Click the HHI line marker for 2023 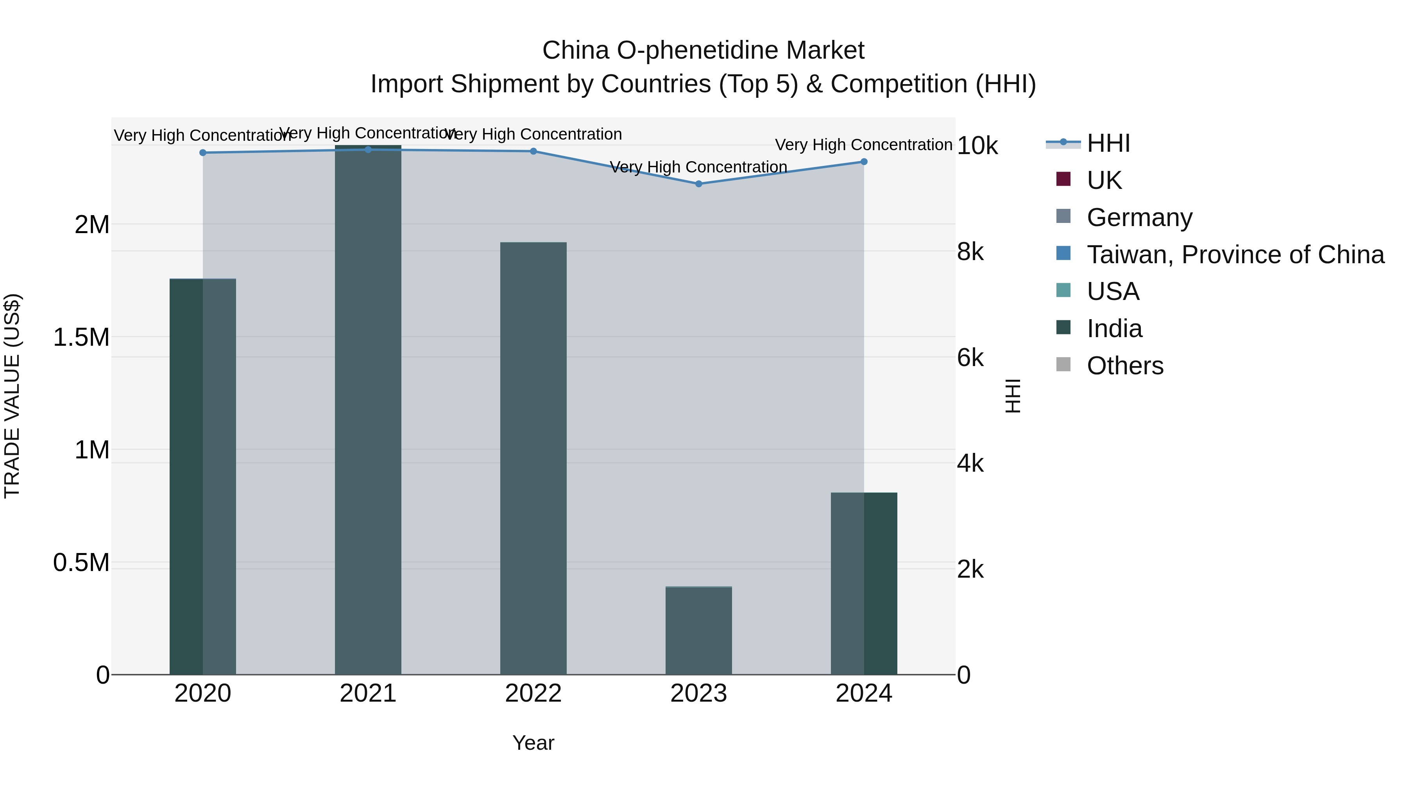[698, 184]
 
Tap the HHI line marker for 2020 [202, 153]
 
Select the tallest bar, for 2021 [368, 410]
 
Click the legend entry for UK [1104, 180]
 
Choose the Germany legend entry [1139, 217]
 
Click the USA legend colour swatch [1063, 290]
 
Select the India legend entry [1114, 329]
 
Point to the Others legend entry [1125, 366]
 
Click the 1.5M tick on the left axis [81, 337]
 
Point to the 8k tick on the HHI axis [970, 252]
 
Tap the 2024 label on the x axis [863, 693]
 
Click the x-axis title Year [533, 743]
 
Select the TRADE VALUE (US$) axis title [12, 396]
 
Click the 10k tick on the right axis [977, 146]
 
